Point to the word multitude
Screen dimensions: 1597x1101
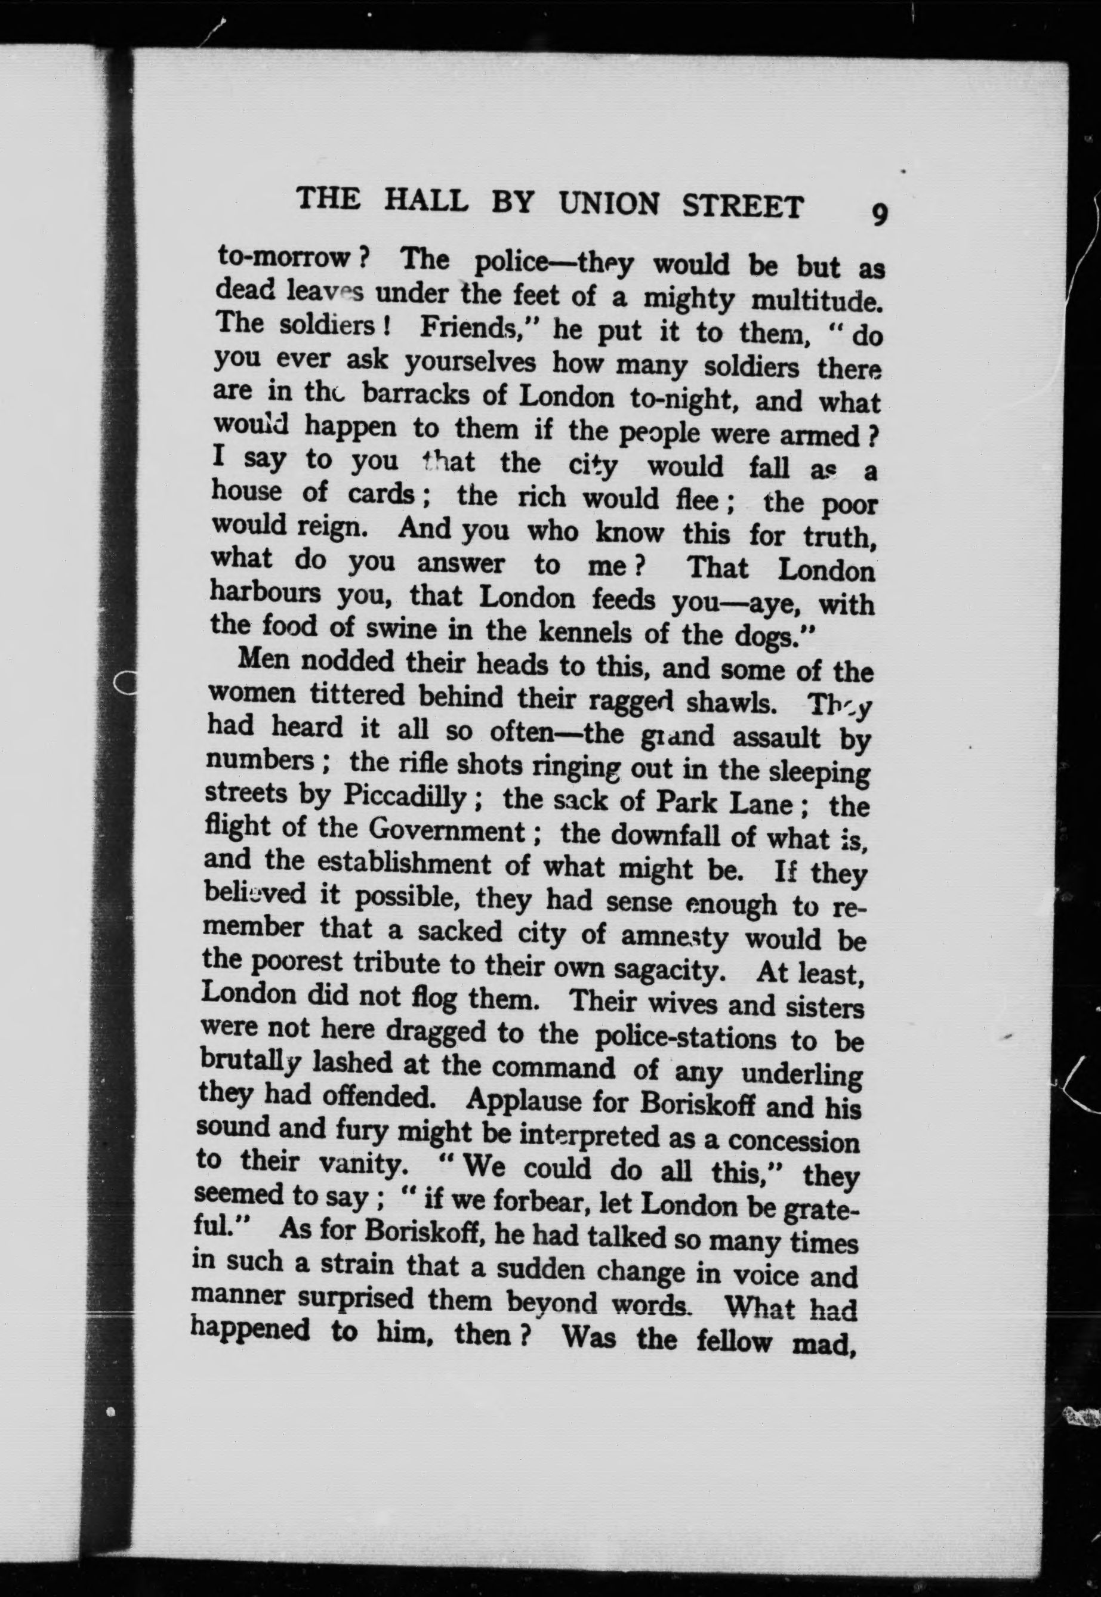click(x=817, y=301)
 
